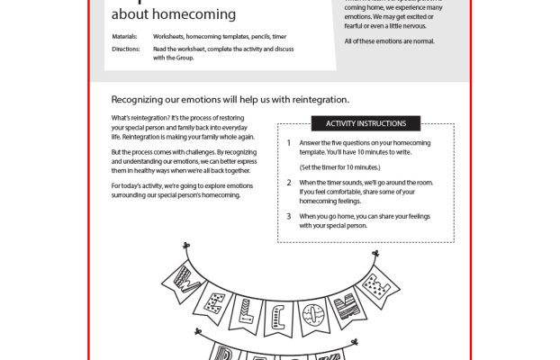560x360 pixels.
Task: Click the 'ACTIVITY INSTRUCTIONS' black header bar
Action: (x=366, y=123)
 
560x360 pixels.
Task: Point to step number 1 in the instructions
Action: (x=288, y=142)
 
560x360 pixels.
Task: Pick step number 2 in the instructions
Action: (x=288, y=182)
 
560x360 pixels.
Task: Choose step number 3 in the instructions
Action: (x=288, y=216)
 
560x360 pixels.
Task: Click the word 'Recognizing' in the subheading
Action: (x=142, y=100)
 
